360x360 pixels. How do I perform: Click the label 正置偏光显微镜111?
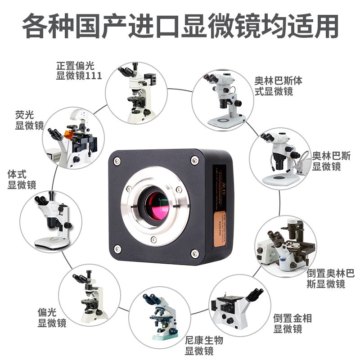point(79,71)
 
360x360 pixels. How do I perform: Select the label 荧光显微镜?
point(29,120)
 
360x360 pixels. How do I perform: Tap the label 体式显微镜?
point(22,179)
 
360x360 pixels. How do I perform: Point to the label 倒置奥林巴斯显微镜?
point(330,278)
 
